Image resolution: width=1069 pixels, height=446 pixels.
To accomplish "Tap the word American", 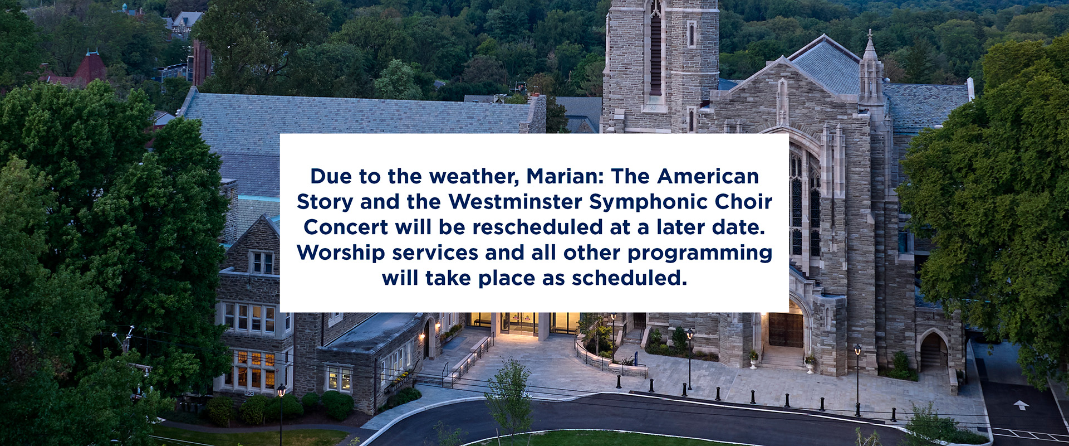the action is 708,176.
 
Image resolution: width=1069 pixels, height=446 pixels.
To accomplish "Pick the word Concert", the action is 346,227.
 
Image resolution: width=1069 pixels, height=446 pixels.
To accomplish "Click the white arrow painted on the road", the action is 1021,405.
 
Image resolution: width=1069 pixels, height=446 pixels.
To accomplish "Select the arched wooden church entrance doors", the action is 786,329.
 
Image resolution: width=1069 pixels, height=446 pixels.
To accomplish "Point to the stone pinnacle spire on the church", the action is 870,67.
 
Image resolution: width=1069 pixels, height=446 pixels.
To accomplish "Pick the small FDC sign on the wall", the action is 249,393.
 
